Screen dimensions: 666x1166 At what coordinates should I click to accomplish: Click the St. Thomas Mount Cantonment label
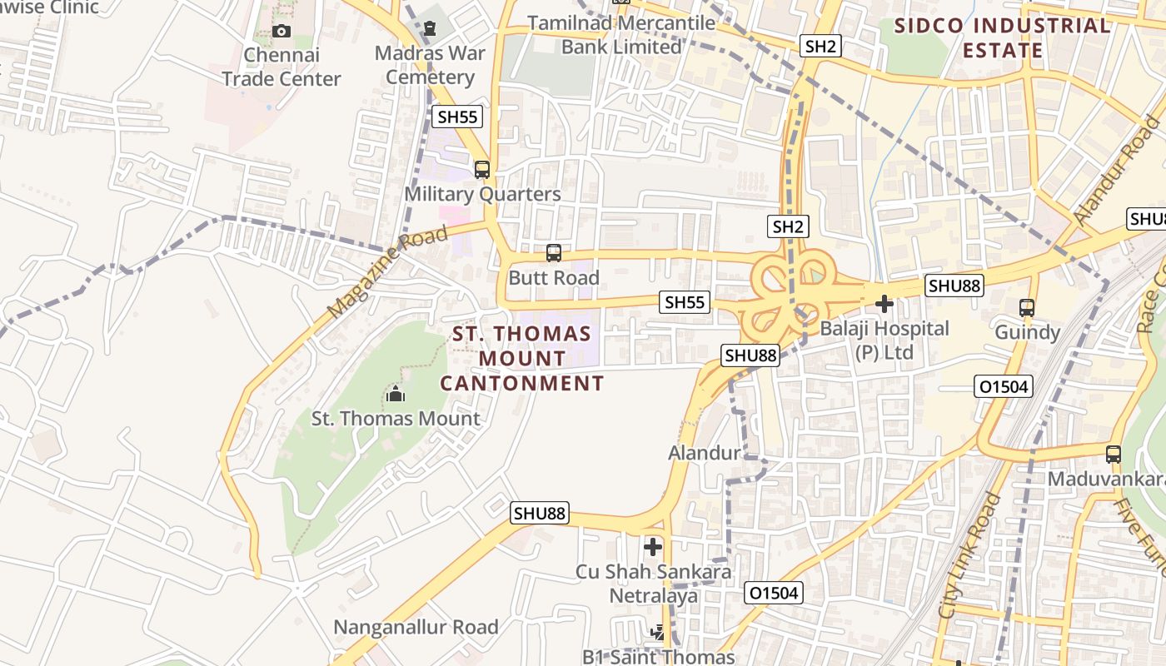(x=521, y=359)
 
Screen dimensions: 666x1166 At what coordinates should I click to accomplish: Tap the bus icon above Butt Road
(x=554, y=253)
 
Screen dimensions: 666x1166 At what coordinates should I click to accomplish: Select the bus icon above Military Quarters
(x=482, y=170)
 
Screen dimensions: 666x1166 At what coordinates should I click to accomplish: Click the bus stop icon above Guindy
(x=1027, y=308)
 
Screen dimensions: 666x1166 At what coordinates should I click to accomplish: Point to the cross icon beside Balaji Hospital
(x=884, y=305)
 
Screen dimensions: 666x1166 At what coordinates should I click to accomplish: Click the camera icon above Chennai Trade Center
(x=282, y=32)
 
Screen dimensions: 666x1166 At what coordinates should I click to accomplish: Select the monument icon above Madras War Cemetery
(x=430, y=29)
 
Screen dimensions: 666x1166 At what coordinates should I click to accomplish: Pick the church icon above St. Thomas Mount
(x=396, y=393)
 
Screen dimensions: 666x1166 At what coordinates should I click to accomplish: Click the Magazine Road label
(x=387, y=271)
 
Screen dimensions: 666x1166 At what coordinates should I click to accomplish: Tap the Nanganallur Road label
(x=416, y=627)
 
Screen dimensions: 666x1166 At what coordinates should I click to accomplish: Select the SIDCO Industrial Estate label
(x=1002, y=38)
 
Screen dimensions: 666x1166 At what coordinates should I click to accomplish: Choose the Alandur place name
(x=704, y=453)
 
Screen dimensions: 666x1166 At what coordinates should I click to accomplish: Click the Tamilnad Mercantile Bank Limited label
(x=621, y=35)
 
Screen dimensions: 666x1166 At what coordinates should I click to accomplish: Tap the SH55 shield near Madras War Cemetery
(x=458, y=117)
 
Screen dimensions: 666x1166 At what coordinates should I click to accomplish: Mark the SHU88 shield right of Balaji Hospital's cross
(x=954, y=286)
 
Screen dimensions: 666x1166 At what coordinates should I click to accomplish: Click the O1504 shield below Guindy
(x=1004, y=386)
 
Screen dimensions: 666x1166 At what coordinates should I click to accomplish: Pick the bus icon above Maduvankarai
(x=1114, y=455)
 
